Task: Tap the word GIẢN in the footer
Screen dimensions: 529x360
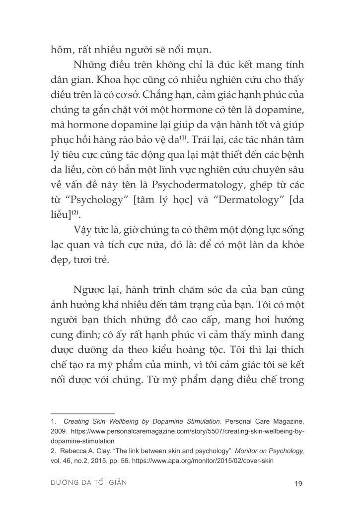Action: (x=115, y=483)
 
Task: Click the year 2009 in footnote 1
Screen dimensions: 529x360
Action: (x=59, y=432)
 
